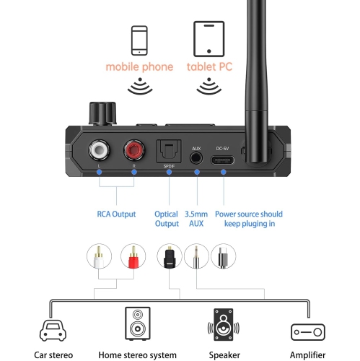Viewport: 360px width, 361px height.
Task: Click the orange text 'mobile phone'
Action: click(x=140, y=67)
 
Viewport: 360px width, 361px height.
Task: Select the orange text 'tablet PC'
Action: click(x=209, y=67)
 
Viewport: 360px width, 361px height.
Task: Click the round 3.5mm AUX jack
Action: click(x=196, y=157)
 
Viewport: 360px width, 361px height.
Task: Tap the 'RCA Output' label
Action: click(x=118, y=214)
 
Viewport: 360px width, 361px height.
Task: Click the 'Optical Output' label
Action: click(x=167, y=219)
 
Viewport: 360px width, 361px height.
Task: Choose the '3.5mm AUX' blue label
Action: click(x=197, y=219)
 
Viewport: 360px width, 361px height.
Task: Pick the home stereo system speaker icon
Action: click(x=139, y=325)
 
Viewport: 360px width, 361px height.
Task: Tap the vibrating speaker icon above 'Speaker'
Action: click(x=223, y=325)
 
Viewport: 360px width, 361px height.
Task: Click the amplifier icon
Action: click(x=309, y=331)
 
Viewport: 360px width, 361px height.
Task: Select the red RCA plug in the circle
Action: click(x=133, y=258)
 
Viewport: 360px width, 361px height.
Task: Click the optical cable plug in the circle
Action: click(x=167, y=258)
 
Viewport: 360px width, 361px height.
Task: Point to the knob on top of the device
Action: click(x=101, y=113)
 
